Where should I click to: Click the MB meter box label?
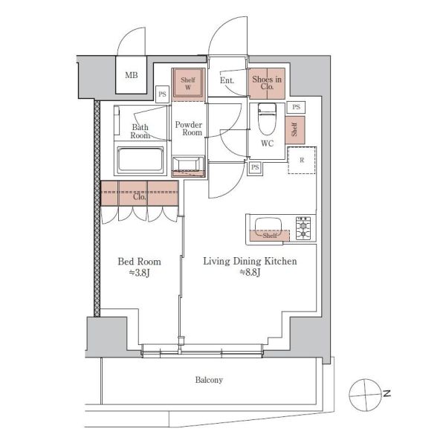pyautogui.click(x=132, y=75)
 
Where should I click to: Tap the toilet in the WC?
pyautogui.click(x=267, y=118)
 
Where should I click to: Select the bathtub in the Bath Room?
pyautogui.click(x=140, y=160)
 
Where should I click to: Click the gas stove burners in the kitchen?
pyautogui.click(x=303, y=228)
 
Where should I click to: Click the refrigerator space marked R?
pyautogui.click(x=302, y=160)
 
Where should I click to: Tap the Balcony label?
pyautogui.click(x=209, y=380)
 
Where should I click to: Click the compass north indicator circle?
pyautogui.click(x=365, y=395)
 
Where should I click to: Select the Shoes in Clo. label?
pyautogui.click(x=267, y=83)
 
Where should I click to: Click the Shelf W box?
pyautogui.click(x=188, y=83)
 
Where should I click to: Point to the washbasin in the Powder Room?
pyautogui.click(x=188, y=167)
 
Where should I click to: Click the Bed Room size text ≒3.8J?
pyautogui.click(x=140, y=273)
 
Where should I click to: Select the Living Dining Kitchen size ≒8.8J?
pyautogui.click(x=250, y=273)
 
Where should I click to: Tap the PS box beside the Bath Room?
pyautogui.click(x=162, y=94)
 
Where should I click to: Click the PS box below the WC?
pyautogui.click(x=255, y=167)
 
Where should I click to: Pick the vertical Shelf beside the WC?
pyautogui.click(x=295, y=129)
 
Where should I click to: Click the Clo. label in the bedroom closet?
pyautogui.click(x=140, y=196)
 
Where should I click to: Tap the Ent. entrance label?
pyautogui.click(x=227, y=80)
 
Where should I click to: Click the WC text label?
pyautogui.click(x=268, y=143)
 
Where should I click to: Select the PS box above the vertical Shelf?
pyautogui.click(x=296, y=107)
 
